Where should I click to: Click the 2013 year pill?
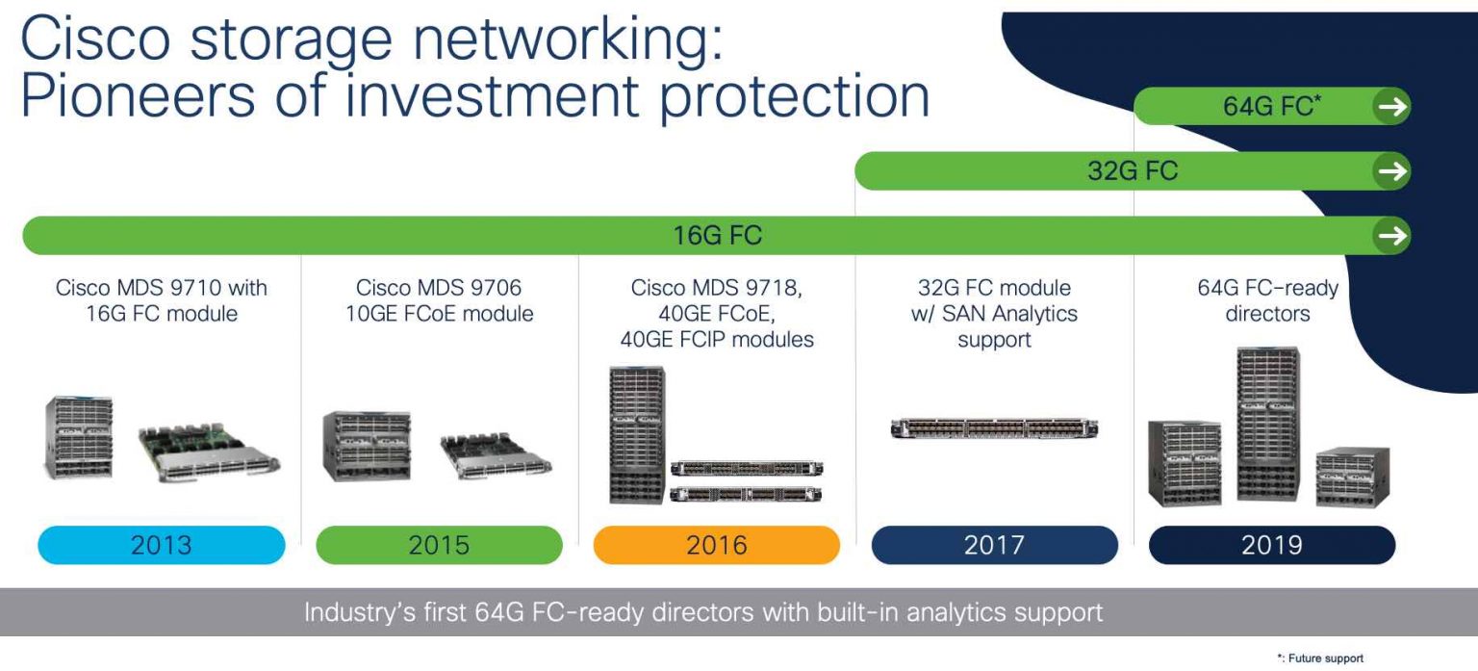pyautogui.click(x=162, y=545)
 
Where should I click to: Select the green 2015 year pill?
pyautogui.click(x=439, y=545)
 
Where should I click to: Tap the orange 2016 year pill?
pyautogui.click(x=716, y=545)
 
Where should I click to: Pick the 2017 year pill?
pyautogui.click(x=994, y=545)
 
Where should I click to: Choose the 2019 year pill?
pyautogui.click(x=1271, y=545)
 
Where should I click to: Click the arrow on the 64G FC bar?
pyautogui.click(x=1391, y=107)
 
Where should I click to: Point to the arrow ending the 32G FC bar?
pyautogui.click(x=1391, y=171)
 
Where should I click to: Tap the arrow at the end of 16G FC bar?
pyautogui.click(x=1391, y=236)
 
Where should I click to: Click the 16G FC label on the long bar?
pyautogui.click(x=717, y=236)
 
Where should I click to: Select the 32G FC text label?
pyautogui.click(x=1133, y=171)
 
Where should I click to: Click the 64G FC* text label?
pyautogui.click(x=1270, y=107)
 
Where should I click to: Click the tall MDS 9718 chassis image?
pyautogui.click(x=636, y=435)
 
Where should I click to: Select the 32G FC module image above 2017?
pyautogui.click(x=994, y=428)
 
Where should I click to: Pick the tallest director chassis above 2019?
pyautogui.click(x=1267, y=424)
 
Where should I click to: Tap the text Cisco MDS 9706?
pyautogui.click(x=439, y=288)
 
